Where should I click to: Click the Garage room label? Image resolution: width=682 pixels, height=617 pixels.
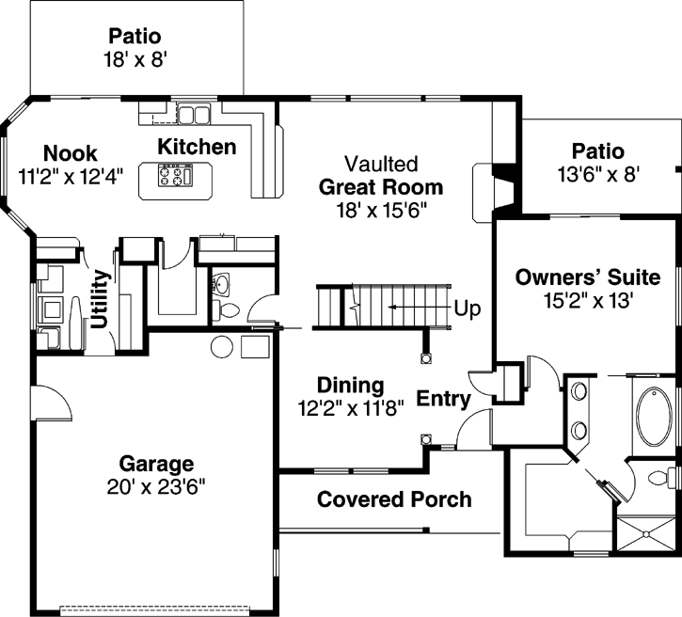156,464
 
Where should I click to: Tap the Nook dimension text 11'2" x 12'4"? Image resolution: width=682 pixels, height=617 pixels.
71,177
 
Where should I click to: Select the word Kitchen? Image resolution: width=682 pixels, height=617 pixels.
197,147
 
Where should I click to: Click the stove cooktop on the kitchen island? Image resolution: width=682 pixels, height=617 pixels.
176,175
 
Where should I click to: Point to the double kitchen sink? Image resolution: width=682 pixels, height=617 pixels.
194,115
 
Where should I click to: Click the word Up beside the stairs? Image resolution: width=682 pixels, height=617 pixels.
468,309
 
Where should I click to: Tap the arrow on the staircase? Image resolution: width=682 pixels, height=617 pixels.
419,307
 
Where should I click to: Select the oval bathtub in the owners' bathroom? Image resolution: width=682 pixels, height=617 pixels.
654,418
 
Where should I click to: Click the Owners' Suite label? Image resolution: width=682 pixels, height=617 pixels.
588,277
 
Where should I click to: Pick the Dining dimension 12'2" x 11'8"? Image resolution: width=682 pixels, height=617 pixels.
351,408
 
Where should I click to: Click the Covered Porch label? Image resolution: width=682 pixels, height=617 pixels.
394,499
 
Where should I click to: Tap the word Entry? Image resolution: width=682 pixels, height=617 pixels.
444,399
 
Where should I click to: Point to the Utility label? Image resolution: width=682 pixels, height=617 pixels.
100,299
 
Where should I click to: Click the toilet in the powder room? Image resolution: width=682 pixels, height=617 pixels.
226,310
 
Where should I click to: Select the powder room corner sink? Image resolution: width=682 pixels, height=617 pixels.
222,284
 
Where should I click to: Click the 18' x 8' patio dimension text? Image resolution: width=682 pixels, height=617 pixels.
135,59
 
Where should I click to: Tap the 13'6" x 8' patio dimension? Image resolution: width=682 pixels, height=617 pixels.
598,175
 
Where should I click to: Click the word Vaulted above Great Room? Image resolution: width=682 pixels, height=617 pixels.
381,164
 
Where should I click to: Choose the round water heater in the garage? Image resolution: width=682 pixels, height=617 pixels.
222,346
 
